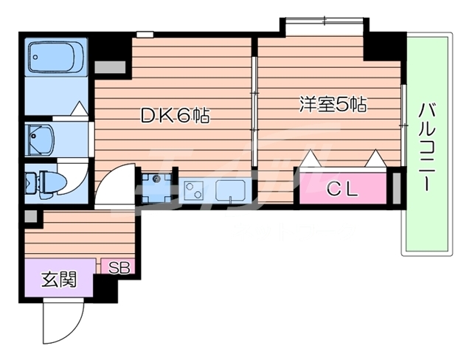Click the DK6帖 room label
click(176, 115)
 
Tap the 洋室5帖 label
click(333, 104)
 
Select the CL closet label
click(342, 190)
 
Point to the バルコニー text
click(427, 147)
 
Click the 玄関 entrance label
click(59, 279)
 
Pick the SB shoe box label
click(119, 267)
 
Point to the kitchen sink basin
click(230, 190)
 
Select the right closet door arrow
click(375, 158)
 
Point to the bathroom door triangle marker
click(80, 108)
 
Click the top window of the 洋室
click(324, 21)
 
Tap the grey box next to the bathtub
click(110, 67)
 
